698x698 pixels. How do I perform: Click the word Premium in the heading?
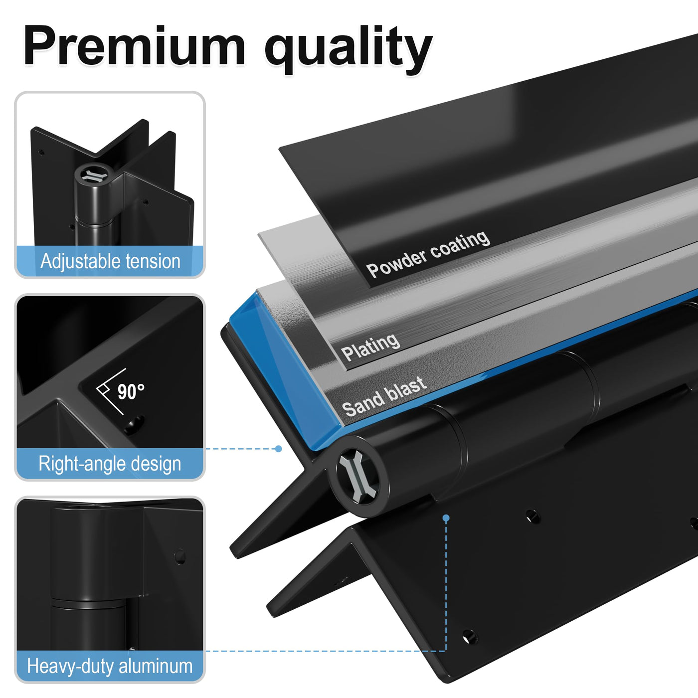135,46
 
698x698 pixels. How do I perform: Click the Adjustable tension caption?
110,261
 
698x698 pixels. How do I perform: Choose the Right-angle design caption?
110,463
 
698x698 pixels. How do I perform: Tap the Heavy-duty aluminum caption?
110,666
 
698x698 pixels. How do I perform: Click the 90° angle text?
131,392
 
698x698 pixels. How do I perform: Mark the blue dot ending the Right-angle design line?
278,449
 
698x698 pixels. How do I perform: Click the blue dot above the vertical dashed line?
446,518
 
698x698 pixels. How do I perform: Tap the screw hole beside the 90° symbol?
135,425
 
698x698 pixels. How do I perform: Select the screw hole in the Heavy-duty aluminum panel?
180,556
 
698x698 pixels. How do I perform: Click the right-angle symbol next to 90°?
108,391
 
